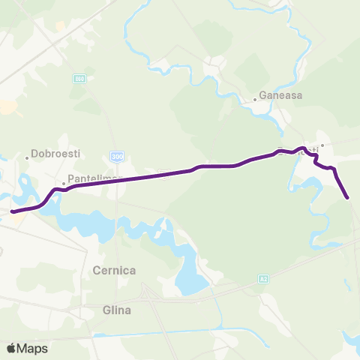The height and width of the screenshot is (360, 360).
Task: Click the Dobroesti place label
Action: pyautogui.click(x=52, y=157)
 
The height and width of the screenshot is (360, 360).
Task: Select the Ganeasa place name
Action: pyautogui.click(x=279, y=96)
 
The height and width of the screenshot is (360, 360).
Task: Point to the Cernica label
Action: pyautogui.click(x=112, y=268)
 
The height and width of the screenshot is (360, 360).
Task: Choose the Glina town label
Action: pyautogui.click(x=117, y=310)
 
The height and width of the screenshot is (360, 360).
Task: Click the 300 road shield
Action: pyautogui.click(x=116, y=156)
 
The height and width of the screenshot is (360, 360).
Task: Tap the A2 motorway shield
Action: pyautogui.click(x=263, y=279)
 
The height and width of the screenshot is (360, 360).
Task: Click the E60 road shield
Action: pyautogui.click(x=79, y=78)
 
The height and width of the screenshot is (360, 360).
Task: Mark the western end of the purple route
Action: pyautogui.click(x=13, y=211)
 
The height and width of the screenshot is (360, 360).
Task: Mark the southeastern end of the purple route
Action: pyautogui.click(x=348, y=197)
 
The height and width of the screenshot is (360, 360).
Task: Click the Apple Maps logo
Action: pyautogui.click(x=27, y=349)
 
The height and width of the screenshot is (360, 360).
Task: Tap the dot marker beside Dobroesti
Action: pyautogui.click(x=28, y=157)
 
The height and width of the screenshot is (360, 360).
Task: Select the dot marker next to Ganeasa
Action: pyautogui.click(x=254, y=97)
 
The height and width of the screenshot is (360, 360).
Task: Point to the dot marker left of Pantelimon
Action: pyautogui.click(x=64, y=182)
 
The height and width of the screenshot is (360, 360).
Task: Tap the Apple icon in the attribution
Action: pyautogui.click(x=11, y=348)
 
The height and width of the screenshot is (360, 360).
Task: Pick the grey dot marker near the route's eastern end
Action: pyautogui.click(x=322, y=145)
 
